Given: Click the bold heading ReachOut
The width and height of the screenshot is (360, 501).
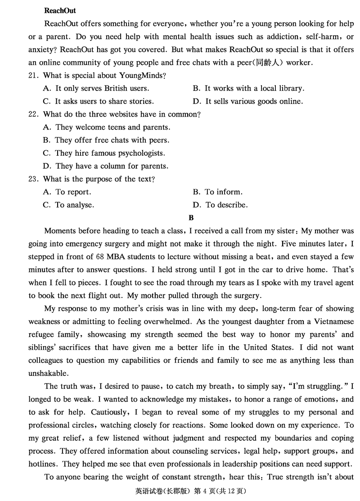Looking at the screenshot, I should click(60, 10).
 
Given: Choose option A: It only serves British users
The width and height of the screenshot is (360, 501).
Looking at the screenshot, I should click(96, 89).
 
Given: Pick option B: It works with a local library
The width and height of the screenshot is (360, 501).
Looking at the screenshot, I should click(248, 89).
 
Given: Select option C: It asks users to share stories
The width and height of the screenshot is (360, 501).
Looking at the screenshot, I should click(98, 101).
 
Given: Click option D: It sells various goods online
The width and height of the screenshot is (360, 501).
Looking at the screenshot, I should click(248, 101).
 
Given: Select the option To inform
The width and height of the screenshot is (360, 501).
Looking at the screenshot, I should click(218, 192).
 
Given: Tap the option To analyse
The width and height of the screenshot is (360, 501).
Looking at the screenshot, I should click(68, 205).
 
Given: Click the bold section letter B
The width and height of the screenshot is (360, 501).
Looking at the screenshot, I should click(191, 218).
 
